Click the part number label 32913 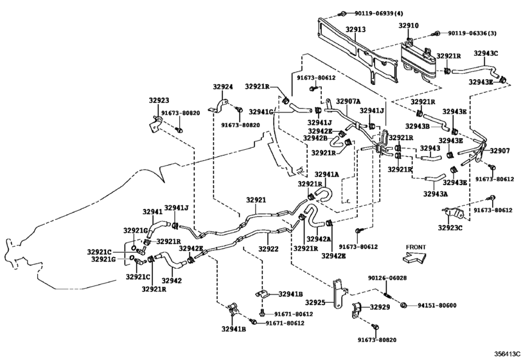coord(355,30)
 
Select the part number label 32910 coord(409,26)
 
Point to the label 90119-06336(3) coord(472,32)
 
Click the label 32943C coord(486,53)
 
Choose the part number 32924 coord(223,86)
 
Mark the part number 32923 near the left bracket coord(159,100)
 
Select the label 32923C coord(452,227)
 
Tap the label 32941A coord(327,174)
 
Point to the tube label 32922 coord(269,249)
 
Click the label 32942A coord(319,239)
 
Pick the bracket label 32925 coord(315,302)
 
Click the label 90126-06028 coord(388,278)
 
